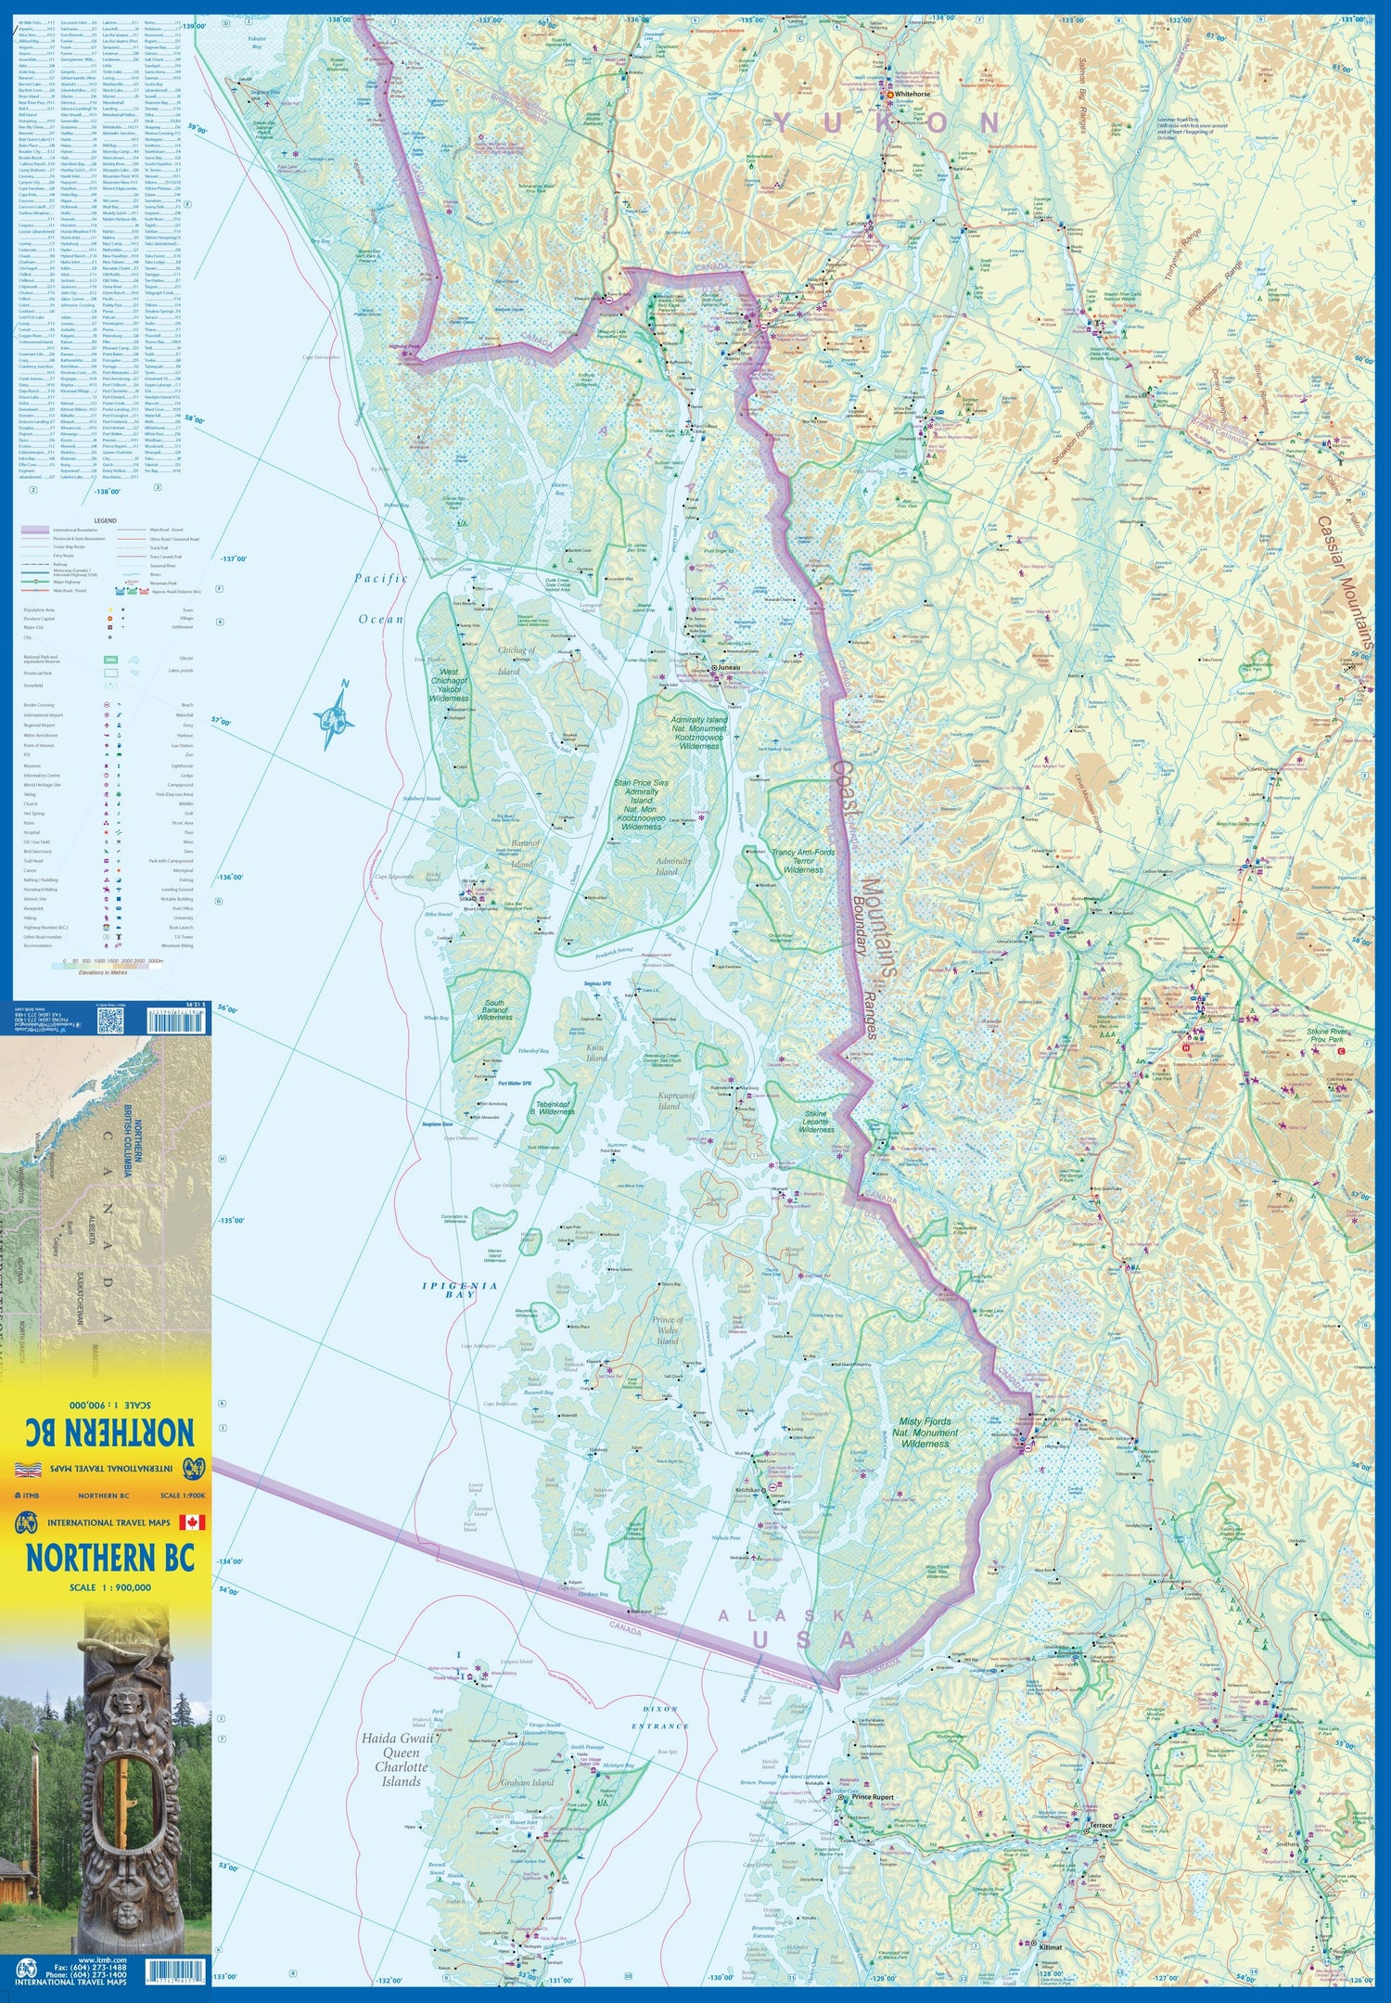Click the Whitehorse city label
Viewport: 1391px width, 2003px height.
(912, 95)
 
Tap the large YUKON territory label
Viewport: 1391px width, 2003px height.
(887, 123)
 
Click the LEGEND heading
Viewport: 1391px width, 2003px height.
(105, 521)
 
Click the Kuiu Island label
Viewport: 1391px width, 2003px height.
(596, 1052)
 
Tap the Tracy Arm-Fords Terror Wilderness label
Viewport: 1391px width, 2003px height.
(803, 860)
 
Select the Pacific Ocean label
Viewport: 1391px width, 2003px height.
(380, 598)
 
